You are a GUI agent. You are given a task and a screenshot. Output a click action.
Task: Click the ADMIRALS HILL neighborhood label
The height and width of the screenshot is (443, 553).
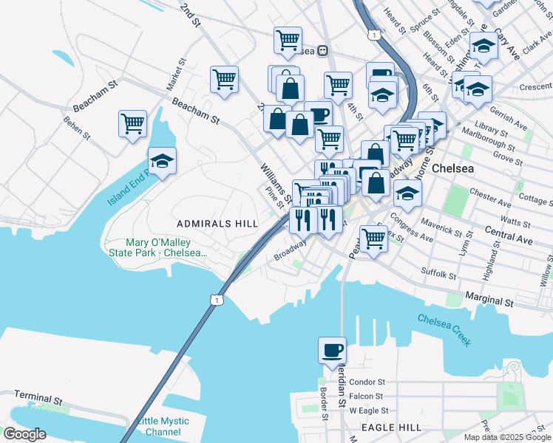click(x=217, y=223)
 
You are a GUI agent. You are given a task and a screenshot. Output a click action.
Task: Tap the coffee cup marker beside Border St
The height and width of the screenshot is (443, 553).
click(x=332, y=349)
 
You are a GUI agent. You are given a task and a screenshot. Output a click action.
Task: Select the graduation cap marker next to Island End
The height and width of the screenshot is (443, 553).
click(x=162, y=160)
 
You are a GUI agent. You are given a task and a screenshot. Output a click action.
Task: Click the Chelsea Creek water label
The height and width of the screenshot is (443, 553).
click(x=444, y=329)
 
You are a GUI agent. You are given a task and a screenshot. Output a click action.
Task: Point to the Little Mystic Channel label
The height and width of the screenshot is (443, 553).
click(x=163, y=426)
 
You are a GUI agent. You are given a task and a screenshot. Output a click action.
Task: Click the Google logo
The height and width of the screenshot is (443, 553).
click(x=25, y=433)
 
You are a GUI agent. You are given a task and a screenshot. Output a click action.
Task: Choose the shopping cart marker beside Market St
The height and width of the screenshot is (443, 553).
click(x=224, y=78)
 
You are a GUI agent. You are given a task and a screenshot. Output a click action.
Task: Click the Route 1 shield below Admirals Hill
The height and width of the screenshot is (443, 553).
click(x=215, y=299)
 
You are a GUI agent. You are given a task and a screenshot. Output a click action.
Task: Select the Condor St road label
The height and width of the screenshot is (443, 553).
click(x=367, y=382)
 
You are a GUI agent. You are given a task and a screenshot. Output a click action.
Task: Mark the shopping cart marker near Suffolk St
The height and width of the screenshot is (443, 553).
click(x=374, y=238)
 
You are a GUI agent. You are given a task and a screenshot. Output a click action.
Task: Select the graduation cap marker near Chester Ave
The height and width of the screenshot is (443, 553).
click(x=407, y=193)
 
